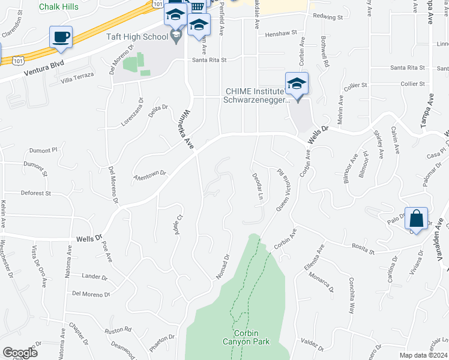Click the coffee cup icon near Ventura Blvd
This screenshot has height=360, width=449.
(61, 38)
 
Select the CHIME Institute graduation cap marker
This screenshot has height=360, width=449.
(297, 85)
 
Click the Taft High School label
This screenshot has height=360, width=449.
(137, 37)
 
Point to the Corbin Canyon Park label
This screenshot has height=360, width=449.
(246, 337)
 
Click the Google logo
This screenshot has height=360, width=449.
(20, 353)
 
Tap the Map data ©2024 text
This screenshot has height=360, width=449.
(424, 355)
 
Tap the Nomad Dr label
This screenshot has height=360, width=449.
(223, 266)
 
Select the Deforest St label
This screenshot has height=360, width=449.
(37, 193)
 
